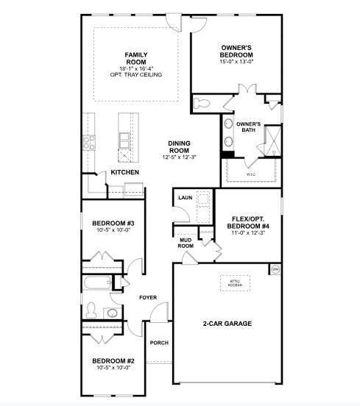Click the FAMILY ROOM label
(136, 58)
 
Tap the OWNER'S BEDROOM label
(237, 51)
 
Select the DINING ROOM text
(179, 146)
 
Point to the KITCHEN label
(124, 172)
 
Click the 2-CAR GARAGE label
(227, 323)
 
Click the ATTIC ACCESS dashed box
(234, 283)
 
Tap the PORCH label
(159, 343)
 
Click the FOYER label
(149, 297)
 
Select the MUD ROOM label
(186, 243)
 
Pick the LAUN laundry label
(185, 198)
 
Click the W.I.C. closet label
(250, 174)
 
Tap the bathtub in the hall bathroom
(96, 284)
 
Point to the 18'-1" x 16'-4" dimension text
(135, 68)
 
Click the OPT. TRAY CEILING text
(135, 75)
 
